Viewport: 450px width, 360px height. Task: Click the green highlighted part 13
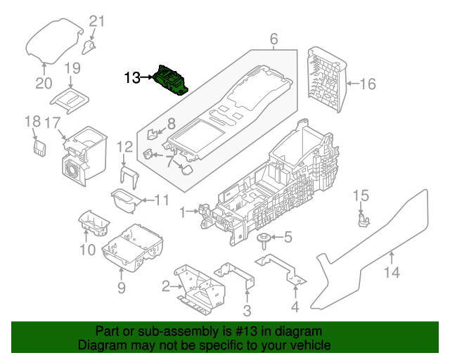click(x=170, y=78)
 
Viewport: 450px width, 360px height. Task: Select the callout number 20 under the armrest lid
click(x=44, y=84)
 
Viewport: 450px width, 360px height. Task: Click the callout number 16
click(x=368, y=84)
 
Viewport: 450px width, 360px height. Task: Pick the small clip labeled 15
click(x=363, y=219)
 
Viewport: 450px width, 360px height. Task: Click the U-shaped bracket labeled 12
click(x=127, y=176)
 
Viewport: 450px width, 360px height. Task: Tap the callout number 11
click(x=162, y=200)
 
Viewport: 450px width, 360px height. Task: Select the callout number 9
click(x=121, y=288)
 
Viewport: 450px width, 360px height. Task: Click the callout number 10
click(x=86, y=250)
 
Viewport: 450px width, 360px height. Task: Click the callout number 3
click(x=247, y=311)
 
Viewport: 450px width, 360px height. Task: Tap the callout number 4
click(x=295, y=307)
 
